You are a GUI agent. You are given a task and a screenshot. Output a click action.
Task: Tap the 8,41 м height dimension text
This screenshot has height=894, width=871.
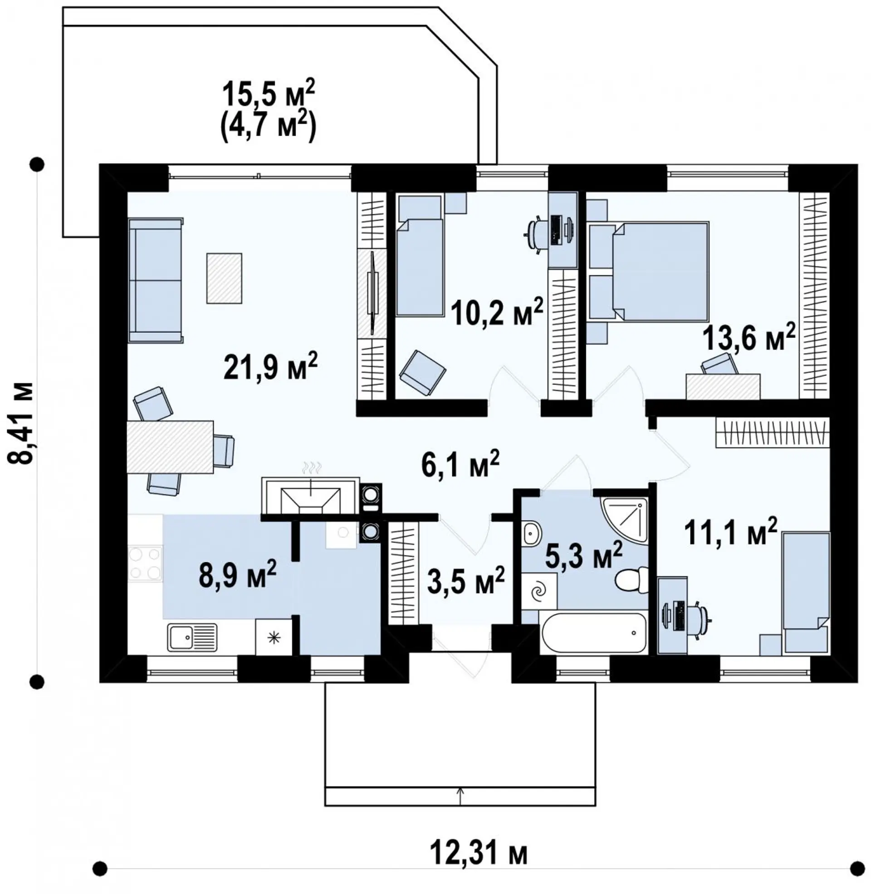[x=20, y=423]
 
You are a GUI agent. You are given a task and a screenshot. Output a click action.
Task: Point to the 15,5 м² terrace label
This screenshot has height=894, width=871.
[x=269, y=94]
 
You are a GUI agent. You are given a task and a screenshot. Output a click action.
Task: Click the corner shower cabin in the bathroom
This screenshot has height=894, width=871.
[x=624, y=520]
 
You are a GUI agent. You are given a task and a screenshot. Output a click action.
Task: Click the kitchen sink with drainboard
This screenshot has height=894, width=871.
[x=192, y=637]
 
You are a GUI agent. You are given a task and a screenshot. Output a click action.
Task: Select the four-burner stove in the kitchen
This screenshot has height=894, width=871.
[x=145, y=563]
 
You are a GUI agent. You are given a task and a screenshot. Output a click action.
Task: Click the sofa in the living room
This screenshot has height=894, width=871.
[x=156, y=280]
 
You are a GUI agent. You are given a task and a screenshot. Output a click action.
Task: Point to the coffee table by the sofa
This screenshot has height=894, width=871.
[x=224, y=278]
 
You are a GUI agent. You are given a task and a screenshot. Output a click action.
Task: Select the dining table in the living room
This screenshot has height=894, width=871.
[x=171, y=447]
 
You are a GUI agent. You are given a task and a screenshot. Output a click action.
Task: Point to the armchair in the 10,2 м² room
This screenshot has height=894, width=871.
[x=422, y=373]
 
